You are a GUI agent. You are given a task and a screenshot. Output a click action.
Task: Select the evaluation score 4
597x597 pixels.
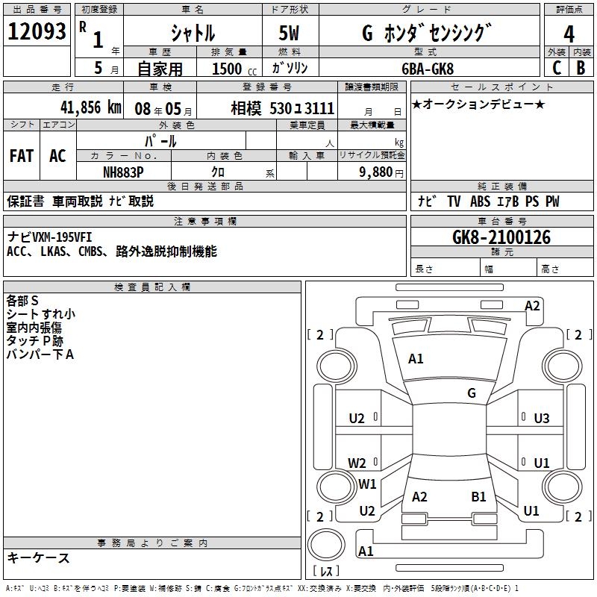click(569, 34)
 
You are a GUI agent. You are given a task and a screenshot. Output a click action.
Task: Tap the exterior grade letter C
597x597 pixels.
click(556, 68)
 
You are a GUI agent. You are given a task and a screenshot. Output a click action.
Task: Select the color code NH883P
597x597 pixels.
click(124, 172)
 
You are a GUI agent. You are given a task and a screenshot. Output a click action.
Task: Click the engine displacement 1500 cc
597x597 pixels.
click(233, 69)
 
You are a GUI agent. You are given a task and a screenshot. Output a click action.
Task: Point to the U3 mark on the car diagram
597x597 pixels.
click(541, 419)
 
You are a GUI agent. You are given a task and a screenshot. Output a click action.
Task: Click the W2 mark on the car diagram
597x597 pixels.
click(357, 463)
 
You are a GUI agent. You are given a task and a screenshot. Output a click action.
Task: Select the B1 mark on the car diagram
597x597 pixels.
click(478, 496)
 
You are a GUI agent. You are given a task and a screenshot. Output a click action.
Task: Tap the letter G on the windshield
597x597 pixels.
click(472, 393)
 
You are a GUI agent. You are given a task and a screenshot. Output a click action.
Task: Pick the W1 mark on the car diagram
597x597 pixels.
click(367, 484)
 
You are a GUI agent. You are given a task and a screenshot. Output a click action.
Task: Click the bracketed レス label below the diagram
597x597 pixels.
click(326, 571)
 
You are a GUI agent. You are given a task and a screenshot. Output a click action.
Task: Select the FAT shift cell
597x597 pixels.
click(22, 156)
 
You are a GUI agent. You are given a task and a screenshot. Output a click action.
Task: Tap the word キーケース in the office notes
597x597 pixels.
click(39, 557)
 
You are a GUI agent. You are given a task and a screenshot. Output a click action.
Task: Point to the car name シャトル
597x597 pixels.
click(193, 34)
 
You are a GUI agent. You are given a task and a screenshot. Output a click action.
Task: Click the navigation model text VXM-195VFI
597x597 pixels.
click(60, 237)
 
